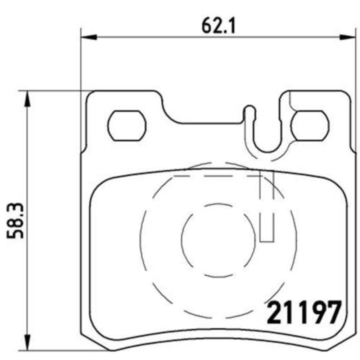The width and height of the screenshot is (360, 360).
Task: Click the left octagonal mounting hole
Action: (127, 125)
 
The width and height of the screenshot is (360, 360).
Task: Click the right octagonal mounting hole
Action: (310, 125)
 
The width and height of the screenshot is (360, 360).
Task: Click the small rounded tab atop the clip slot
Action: (249, 109)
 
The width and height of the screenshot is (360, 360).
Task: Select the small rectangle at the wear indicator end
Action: (267, 236)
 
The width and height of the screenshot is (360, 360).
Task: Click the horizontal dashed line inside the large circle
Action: (216, 176)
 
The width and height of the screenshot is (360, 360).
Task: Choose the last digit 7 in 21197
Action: (332, 313)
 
